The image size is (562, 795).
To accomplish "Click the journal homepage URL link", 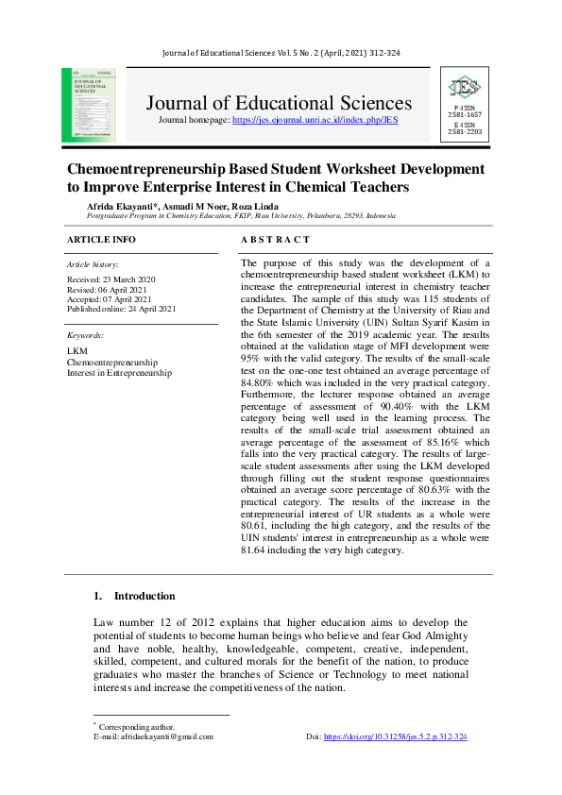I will (315, 121).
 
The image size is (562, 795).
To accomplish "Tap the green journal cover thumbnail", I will (89, 105).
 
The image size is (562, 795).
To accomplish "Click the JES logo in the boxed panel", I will (465, 89).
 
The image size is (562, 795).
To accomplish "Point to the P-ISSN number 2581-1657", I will (465, 114).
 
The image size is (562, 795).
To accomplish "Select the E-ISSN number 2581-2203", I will (465, 131).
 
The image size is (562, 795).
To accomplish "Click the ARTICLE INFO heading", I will (101, 240).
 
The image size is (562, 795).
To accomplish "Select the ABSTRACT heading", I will (275, 240).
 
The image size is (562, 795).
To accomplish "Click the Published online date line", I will (121, 309).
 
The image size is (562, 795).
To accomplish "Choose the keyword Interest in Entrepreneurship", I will (119, 373).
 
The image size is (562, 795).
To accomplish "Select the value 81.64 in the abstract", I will (256, 550).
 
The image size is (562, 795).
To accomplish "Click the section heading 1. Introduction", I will (134, 596).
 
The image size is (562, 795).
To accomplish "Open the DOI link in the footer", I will (395, 736).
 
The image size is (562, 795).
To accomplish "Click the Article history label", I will (93, 265).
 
